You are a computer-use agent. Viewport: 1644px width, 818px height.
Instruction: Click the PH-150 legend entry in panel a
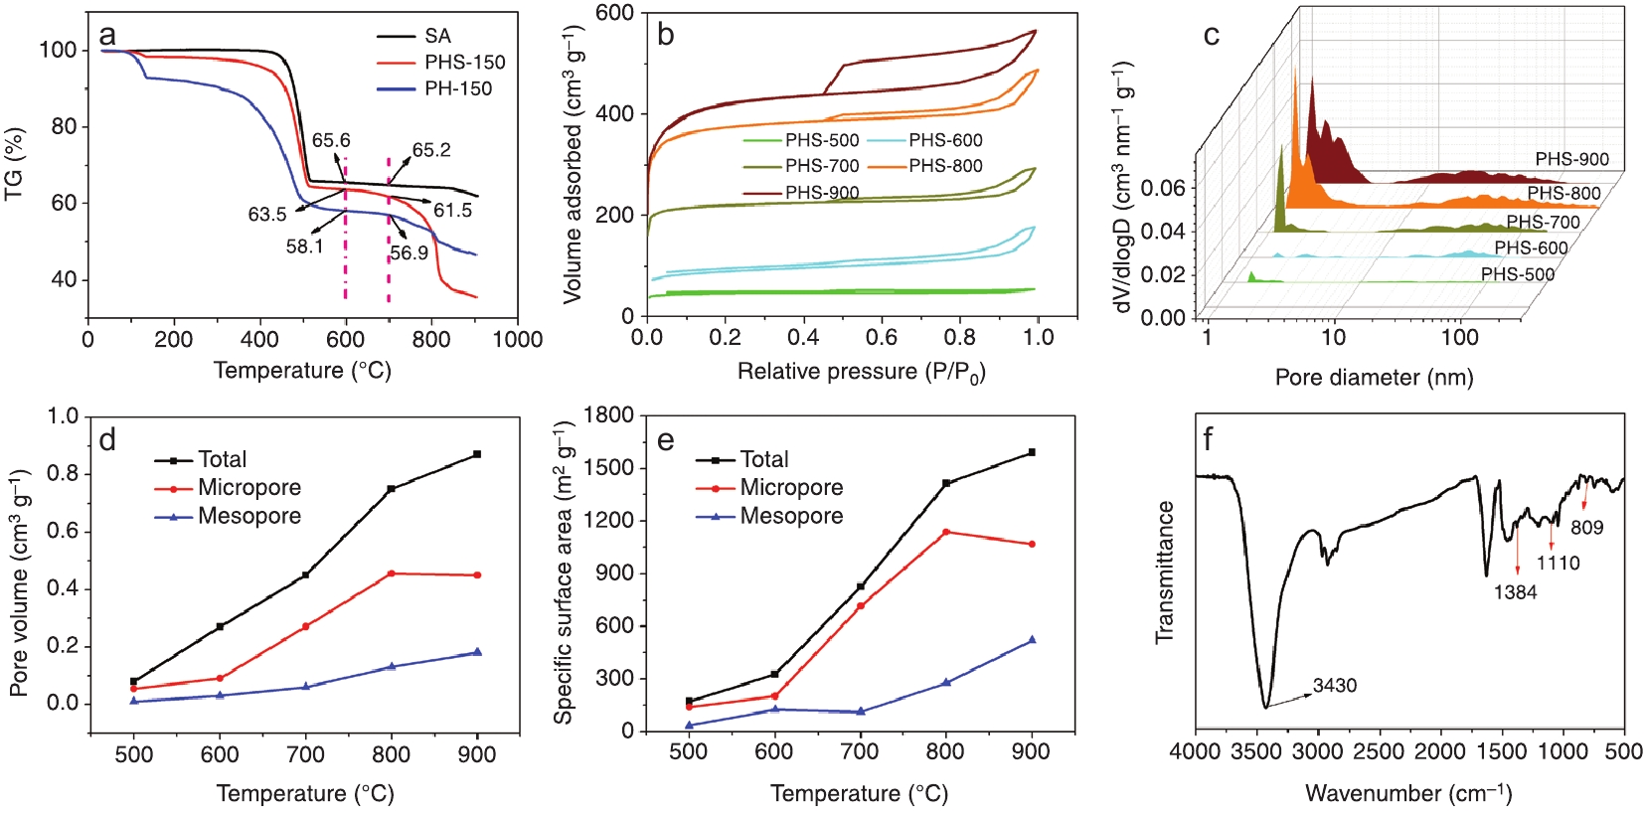click(458, 88)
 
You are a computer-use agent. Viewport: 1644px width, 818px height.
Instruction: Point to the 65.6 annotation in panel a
click(331, 140)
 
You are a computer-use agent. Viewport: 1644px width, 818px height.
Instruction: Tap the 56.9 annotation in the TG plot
click(410, 252)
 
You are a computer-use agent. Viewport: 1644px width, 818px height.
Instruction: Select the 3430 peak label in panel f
click(1334, 685)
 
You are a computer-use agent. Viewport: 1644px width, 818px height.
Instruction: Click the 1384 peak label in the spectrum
click(1515, 592)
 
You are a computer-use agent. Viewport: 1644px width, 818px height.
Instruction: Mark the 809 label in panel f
click(1586, 528)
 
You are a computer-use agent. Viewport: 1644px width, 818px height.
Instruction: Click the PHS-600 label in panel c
click(1531, 247)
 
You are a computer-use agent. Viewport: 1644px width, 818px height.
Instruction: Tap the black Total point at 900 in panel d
click(477, 454)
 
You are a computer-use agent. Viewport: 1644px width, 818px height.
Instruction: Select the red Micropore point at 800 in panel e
click(946, 532)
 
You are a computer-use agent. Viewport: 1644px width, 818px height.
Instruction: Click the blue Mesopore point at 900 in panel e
click(1032, 640)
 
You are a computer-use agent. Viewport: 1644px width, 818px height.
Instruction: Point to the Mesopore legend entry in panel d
click(248, 516)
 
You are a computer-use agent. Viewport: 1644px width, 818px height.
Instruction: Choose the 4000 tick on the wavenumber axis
click(1195, 752)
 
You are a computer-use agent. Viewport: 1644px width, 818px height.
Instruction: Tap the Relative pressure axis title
click(861, 372)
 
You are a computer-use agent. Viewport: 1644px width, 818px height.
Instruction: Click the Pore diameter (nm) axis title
click(1374, 378)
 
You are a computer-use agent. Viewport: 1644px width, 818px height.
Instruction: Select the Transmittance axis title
click(1165, 573)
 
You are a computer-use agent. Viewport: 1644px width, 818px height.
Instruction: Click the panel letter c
click(1211, 36)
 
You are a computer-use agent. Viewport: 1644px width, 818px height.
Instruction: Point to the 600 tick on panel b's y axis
click(615, 13)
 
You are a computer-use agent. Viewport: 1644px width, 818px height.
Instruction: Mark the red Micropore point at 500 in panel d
click(134, 689)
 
